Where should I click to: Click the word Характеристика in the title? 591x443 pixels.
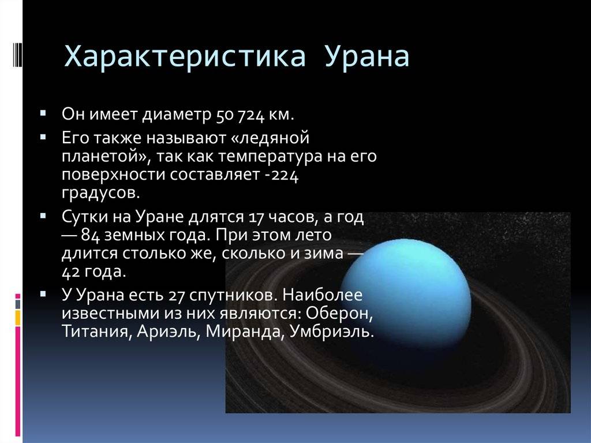185,57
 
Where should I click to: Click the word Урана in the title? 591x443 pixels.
367,57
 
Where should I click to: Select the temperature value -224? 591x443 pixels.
282,175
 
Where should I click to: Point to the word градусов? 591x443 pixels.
100,193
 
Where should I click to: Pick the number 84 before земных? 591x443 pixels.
91,236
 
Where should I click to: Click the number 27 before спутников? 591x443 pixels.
176,295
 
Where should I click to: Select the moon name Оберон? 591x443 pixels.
339,313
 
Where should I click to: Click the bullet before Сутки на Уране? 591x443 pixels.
43,216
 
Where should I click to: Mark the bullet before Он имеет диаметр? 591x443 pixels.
43,113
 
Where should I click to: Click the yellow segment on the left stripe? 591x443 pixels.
18,317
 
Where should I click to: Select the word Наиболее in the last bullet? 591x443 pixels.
322,295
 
